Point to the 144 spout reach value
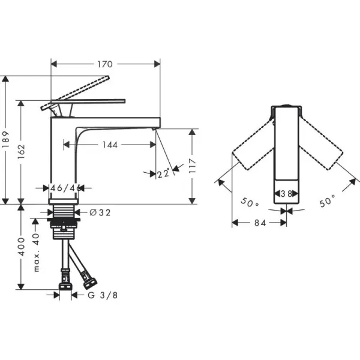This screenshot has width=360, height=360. [x=109, y=145]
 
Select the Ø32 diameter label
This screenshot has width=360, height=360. [x=100, y=212]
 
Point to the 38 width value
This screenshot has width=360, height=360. [x=286, y=194]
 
